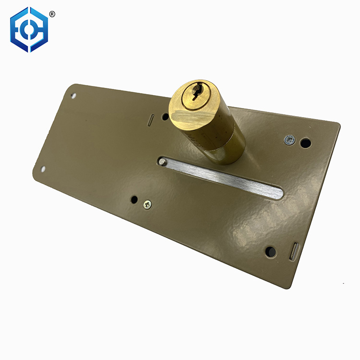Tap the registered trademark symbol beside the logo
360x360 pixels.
pyautogui.click(x=52, y=14)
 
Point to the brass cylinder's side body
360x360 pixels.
pyautogui.click(x=224, y=137)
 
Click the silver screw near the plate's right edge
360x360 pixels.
pyautogui.click(x=288, y=139)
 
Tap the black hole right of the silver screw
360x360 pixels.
pyautogui.click(x=305, y=143)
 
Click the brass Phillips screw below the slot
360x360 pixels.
pyautogui.click(x=147, y=204)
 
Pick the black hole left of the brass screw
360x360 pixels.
pyautogui.click(x=134, y=199)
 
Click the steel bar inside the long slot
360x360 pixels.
pyautogui.click(x=226, y=178)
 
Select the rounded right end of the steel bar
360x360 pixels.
pyautogui.click(x=279, y=193)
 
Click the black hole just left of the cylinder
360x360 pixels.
pyautogui.click(x=165, y=116)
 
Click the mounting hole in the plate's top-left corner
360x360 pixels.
pyautogui.click(x=73, y=95)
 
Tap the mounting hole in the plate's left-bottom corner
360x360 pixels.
pyautogui.click(x=43, y=169)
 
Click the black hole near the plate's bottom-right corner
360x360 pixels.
pyautogui.click(x=271, y=251)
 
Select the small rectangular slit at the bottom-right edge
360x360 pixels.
pyautogui.click(x=294, y=252)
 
